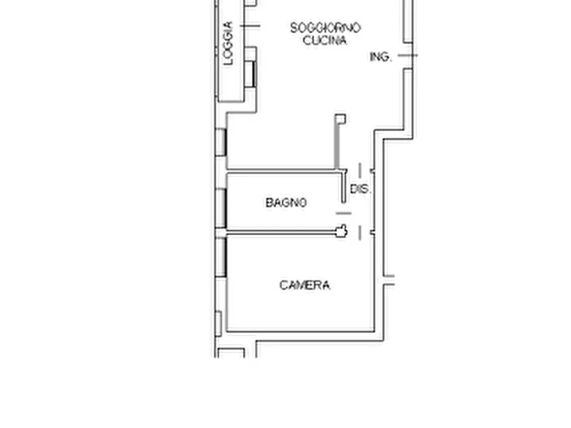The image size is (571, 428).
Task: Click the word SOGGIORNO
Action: tap(325, 28)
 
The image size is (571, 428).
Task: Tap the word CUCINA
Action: tap(325, 40)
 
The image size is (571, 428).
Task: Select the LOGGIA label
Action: tap(228, 44)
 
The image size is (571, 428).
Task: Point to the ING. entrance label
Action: tap(380, 57)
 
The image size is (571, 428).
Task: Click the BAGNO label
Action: tap(286, 203)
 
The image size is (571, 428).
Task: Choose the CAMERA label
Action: tap(304, 285)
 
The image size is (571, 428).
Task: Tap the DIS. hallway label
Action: tap(361, 190)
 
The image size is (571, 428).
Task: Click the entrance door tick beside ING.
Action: tap(407, 56)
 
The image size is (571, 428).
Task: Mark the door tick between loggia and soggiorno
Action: tap(251, 26)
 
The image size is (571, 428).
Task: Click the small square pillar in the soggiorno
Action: tap(341, 118)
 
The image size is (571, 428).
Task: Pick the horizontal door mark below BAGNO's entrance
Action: tap(344, 213)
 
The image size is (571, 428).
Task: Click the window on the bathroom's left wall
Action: tap(221, 208)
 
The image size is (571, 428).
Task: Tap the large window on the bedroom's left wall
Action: tap(221, 257)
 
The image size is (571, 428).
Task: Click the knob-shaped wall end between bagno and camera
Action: tap(342, 231)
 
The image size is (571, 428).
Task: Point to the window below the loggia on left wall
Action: tap(221, 142)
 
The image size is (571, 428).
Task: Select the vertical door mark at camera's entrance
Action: tap(360, 233)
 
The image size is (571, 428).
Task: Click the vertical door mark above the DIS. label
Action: tap(360, 170)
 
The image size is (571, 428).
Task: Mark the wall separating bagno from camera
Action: tap(281, 232)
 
